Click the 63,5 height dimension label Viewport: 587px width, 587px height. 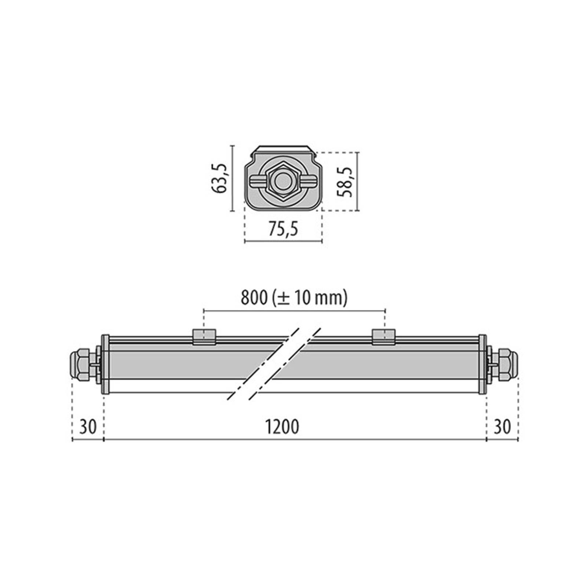(x=220, y=179)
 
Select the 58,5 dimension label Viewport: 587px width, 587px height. (x=345, y=182)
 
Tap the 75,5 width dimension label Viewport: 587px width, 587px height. (x=283, y=229)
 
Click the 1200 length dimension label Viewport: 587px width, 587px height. (x=282, y=427)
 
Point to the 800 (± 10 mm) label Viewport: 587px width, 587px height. (x=294, y=298)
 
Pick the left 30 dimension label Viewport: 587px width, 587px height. (x=88, y=427)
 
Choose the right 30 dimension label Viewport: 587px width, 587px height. (x=502, y=427)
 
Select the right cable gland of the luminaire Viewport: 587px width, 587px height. (x=502, y=365)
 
